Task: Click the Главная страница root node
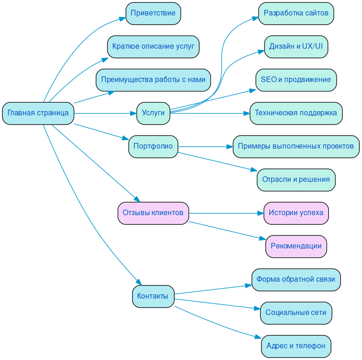(38, 113)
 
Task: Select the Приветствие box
(153, 13)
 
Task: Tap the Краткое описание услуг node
(153, 46)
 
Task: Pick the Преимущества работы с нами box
(153, 80)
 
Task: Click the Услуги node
(153, 113)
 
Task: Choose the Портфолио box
(153, 146)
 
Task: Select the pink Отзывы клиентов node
(153, 213)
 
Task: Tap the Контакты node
(153, 296)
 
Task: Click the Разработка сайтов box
(296, 13)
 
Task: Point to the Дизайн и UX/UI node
(296, 46)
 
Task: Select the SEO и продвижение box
(296, 80)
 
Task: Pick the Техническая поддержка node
(296, 113)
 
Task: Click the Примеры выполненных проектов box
(296, 146)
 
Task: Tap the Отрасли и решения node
(296, 180)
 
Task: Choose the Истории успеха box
(296, 213)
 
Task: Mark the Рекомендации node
(296, 246)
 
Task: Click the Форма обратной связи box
(296, 279)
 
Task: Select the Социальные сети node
(296, 313)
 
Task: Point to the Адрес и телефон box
(296, 346)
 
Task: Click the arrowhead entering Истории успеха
(261, 213)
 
